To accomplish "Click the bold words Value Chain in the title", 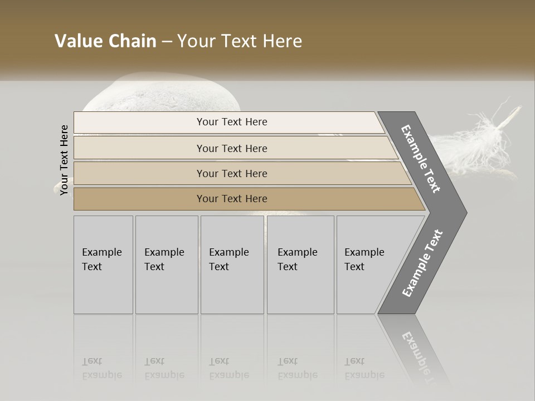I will pyautogui.click(x=105, y=41).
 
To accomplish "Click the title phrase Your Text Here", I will pyautogui.click(x=240, y=41).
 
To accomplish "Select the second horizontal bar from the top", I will pyautogui.click(x=232, y=148).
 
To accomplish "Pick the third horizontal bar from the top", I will pyautogui.click(x=232, y=173).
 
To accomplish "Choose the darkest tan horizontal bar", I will pyautogui.click(x=232, y=199).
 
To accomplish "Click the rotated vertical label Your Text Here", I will pyautogui.click(x=65, y=160).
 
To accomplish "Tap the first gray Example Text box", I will pyautogui.click(x=103, y=265).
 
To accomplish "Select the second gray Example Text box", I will pyautogui.click(x=167, y=265).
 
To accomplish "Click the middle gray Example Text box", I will pyautogui.click(x=232, y=265).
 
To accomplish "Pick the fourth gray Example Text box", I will pyautogui.click(x=300, y=265).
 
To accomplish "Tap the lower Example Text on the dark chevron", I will pyautogui.click(x=422, y=263).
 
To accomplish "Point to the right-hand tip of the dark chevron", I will pyautogui.click(x=465, y=212).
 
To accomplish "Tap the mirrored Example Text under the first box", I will pyautogui.click(x=102, y=368).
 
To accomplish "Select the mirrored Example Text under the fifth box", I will pyautogui.click(x=364, y=368).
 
